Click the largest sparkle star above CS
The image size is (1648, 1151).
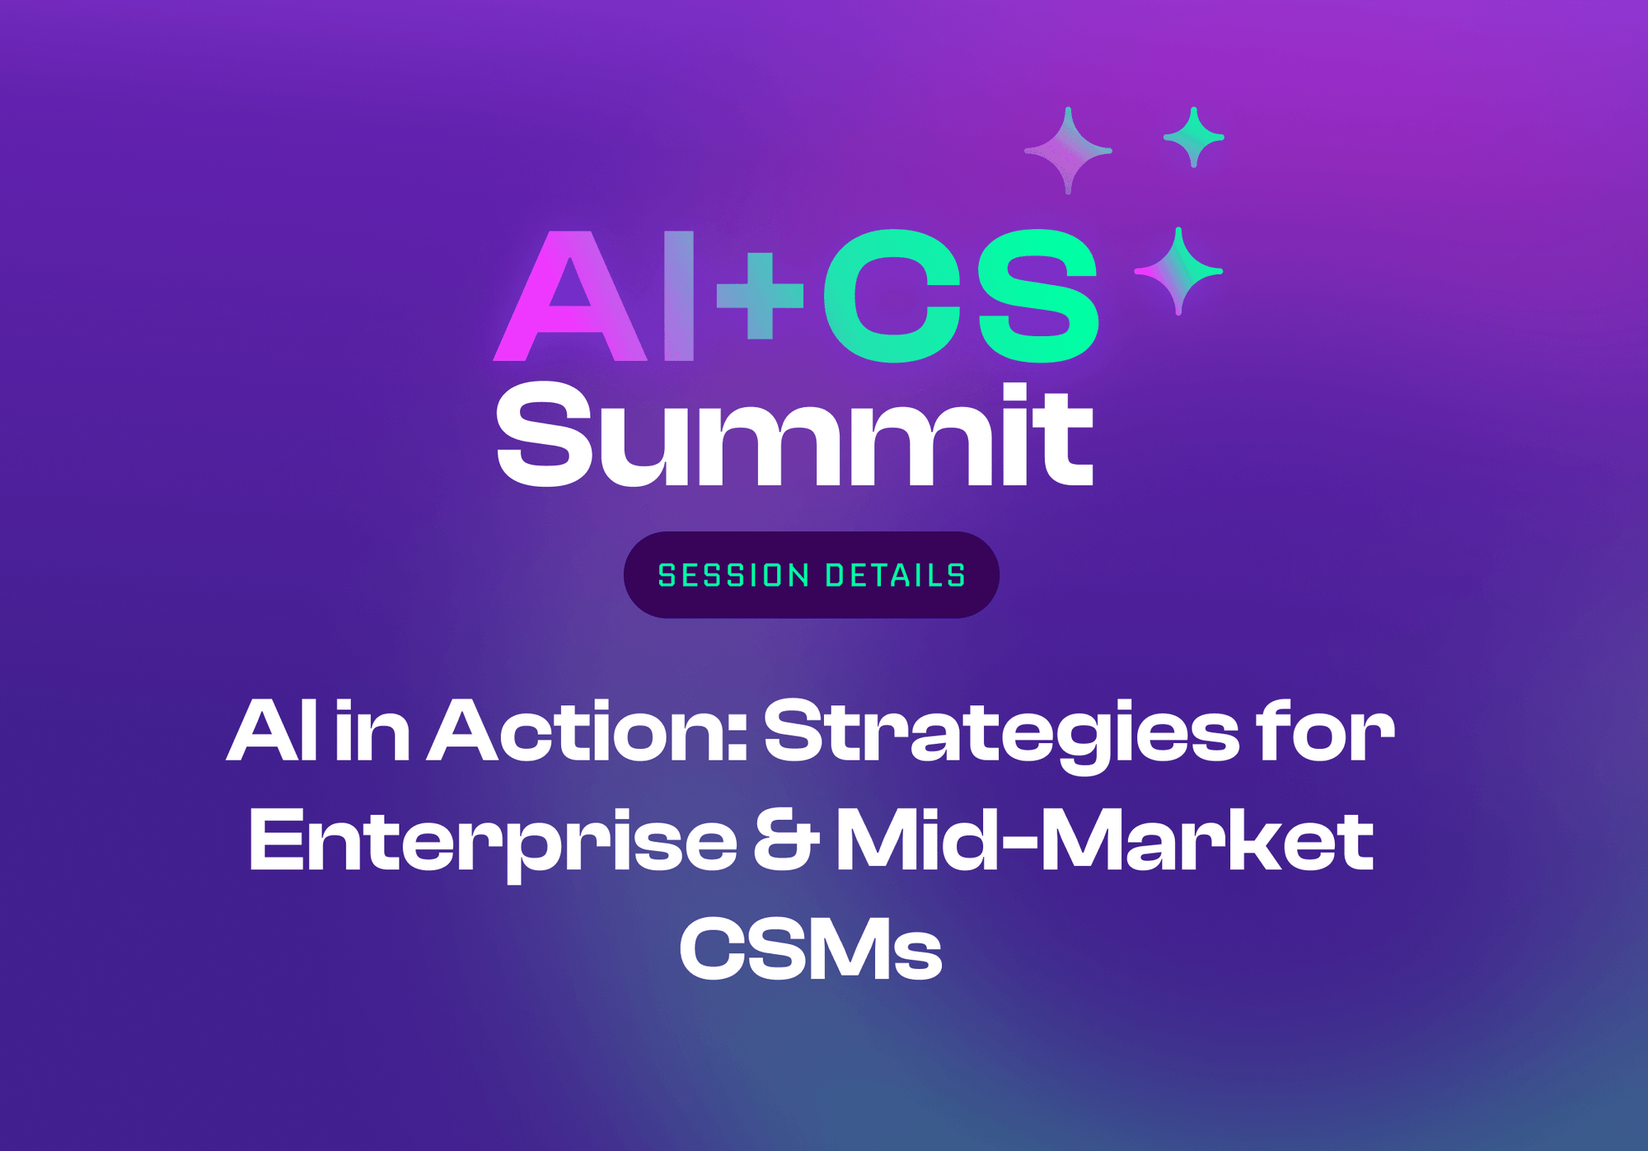coord(1068,151)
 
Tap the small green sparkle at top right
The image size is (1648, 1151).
coord(1193,138)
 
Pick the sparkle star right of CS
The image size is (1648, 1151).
coord(1178,270)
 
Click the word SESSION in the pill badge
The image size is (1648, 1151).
coord(733,575)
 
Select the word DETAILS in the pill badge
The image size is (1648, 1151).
coord(896,575)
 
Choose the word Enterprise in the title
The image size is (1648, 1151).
coord(493,842)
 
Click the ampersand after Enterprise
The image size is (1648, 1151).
coord(785,842)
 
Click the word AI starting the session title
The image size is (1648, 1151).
coord(272,731)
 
